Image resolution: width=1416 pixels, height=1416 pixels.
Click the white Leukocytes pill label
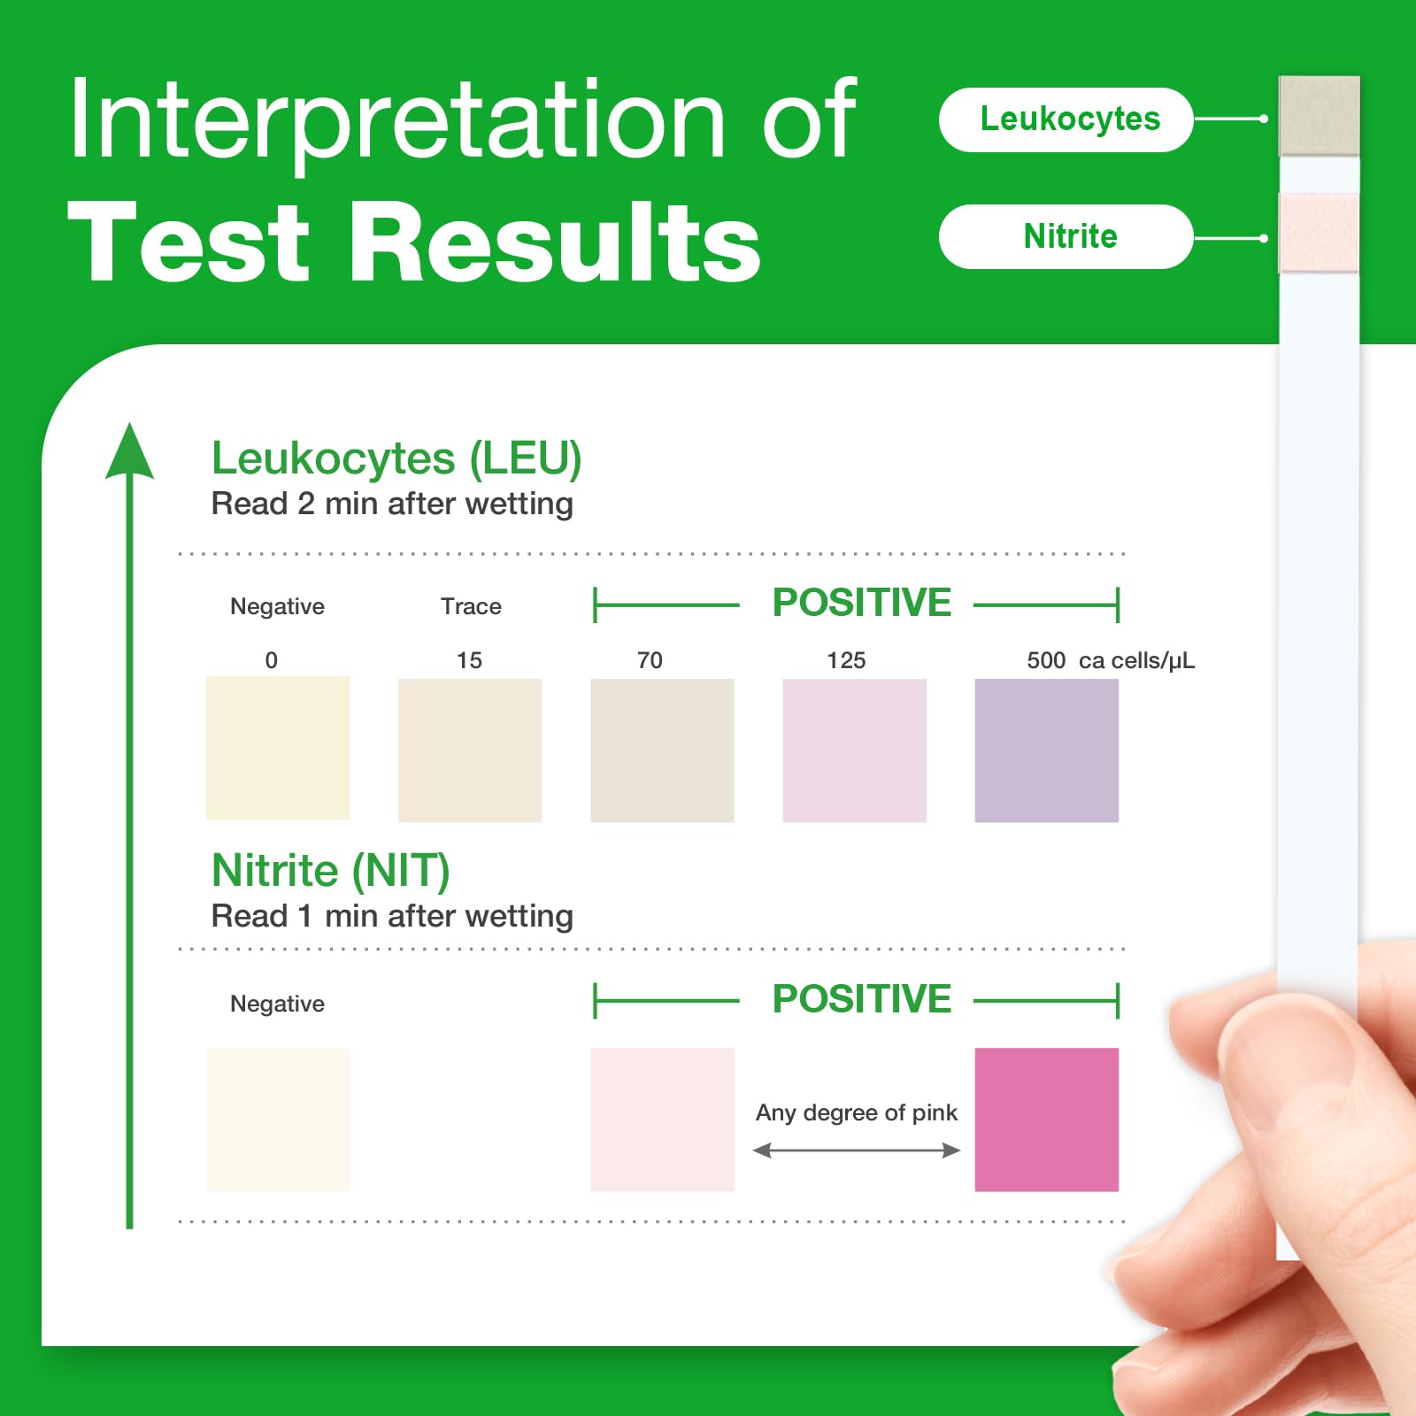click(1066, 119)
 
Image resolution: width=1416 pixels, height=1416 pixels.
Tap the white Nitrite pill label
click(1066, 236)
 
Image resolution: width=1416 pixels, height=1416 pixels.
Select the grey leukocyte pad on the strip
click(1319, 116)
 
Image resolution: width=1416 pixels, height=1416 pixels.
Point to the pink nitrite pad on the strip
click(1319, 233)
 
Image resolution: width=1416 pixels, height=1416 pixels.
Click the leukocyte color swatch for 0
click(278, 748)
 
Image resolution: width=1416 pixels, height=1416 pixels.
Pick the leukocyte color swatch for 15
click(470, 750)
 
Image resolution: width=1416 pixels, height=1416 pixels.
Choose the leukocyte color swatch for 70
click(662, 750)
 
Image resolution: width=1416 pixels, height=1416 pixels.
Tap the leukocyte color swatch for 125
click(855, 750)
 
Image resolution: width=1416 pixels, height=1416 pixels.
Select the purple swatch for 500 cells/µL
click(1047, 750)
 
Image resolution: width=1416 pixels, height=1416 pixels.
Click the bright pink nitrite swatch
click(1047, 1120)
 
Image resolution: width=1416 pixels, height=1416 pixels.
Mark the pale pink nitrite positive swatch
click(662, 1120)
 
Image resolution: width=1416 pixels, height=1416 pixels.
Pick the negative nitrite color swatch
click(278, 1120)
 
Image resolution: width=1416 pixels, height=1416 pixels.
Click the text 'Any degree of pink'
click(857, 1113)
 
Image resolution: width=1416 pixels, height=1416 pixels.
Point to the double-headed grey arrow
click(857, 1150)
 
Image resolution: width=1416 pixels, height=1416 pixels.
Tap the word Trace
click(471, 606)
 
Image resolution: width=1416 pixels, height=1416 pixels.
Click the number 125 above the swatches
click(846, 660)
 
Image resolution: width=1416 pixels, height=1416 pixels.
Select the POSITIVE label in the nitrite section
click(862, 999)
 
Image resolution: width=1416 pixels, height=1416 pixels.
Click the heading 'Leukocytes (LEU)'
click(396, 459)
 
